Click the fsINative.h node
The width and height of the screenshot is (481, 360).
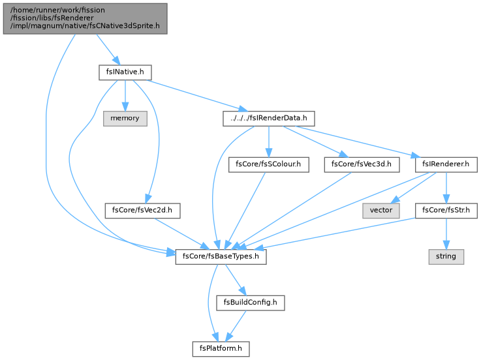(x=125, y=72)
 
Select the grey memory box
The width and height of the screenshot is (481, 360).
(x=125, y=118)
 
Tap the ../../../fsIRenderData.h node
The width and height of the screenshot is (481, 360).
(x=269, y=118)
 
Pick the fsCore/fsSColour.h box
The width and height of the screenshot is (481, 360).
(x=269, y=164)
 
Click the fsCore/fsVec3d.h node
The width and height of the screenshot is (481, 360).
(x=362, y=164)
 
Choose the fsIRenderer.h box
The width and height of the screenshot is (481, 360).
(x=446, y=164)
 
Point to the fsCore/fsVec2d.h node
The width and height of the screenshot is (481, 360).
(x=142, y=211)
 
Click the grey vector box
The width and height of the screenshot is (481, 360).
(x=381, y=211)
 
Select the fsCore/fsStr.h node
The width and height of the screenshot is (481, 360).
(x=446, y=211)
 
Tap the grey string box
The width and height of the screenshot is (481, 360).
(x=446, y=257)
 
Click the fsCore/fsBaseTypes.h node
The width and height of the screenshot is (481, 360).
(x=221, y=257)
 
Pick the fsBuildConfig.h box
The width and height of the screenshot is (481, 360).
(x=251, y=303)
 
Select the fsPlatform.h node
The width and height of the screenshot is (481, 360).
(x=221, y=349)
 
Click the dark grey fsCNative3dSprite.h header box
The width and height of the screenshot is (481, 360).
(x=85, y=19)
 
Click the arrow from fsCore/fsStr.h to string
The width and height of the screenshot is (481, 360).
(x=446, y=233)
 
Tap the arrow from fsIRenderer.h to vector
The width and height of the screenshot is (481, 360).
(x=414, y=187)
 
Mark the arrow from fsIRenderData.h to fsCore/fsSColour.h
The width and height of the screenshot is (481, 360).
(x=269, y=142)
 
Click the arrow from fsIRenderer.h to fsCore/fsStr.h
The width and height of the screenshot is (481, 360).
(x=446, y=187)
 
